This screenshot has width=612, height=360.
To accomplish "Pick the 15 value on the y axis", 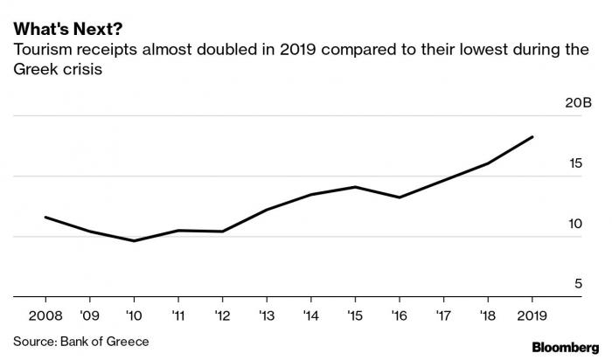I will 574,164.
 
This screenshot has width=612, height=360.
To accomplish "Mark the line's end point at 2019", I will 532,137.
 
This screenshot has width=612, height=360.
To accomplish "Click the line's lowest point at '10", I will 134,240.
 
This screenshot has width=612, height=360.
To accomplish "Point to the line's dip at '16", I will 399,197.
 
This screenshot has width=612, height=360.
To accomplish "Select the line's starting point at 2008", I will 45,218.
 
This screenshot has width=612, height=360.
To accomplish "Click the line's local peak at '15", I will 354,187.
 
